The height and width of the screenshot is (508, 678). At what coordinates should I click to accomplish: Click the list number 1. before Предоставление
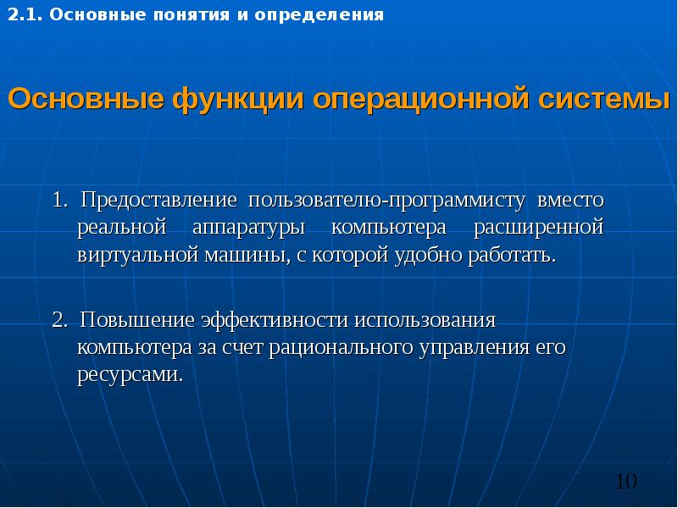pos(59,202)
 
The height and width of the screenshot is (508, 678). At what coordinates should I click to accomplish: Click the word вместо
pos(570,202)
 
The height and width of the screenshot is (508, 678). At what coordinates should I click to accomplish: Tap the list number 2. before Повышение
pos(59,321)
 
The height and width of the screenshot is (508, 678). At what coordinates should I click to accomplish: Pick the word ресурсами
pos(131,373)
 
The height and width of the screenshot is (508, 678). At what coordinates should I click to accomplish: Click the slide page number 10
pos(625,482)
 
